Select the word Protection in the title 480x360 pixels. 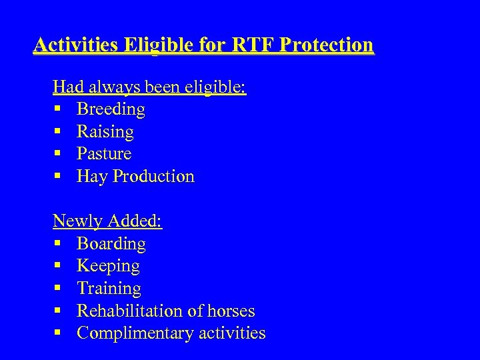click(x=327, y=45)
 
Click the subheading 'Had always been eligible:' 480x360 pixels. click(x=150, y=87)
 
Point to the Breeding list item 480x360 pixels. click(x=111, y=109)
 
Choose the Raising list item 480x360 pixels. click(x=105, y=132)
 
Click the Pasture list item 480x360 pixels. click(x=104, y=154)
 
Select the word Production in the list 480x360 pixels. click(x=153, y=177)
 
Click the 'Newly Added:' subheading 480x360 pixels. click(x=108, y=221)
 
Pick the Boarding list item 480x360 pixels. click(x=111, y=244)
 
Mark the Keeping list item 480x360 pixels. click(x=108, y=267)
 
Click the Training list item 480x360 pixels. click(x=109, y=289)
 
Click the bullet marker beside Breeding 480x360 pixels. click(x=57, y=109)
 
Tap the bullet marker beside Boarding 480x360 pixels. click(x=57, y=244)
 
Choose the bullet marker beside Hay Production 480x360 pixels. click(x=57, y=177)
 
